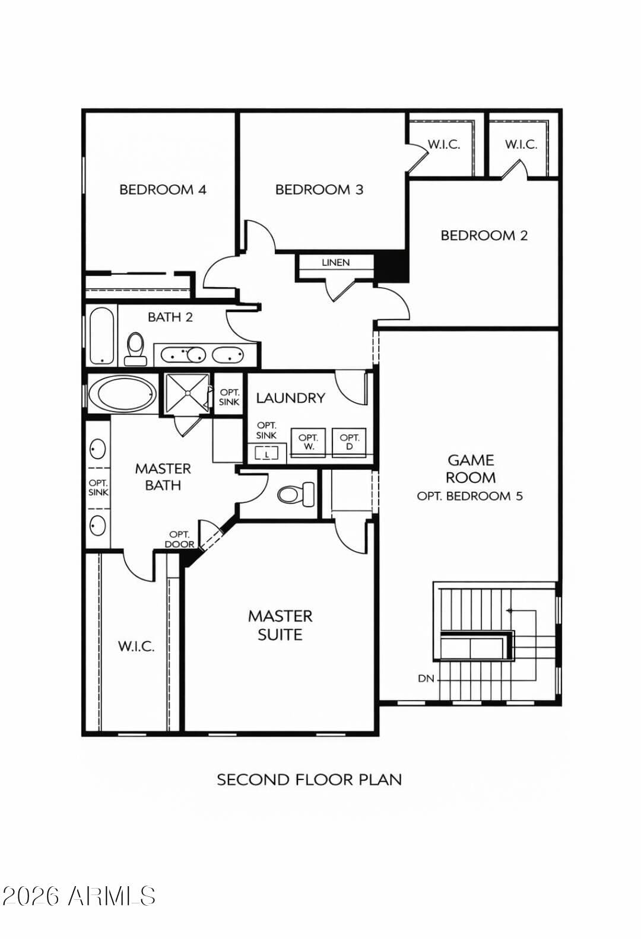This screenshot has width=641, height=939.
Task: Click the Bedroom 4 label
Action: click(x=163, y=190)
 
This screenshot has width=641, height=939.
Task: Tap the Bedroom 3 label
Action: click(x=319, y=190)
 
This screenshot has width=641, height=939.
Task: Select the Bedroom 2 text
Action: click(x=484, y=235)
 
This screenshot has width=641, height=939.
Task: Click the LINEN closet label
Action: click(x=335, y=262)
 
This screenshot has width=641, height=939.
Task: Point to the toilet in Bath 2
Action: click(x=136, y=347)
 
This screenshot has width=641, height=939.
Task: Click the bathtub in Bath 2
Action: click(x=101, y=336)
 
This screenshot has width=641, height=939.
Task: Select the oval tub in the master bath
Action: click(x=122, y=393)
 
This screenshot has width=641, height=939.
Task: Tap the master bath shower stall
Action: click(x=187, y=392)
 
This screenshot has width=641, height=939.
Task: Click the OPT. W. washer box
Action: click(x=308, y=442)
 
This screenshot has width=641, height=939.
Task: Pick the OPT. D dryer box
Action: click(x=349, y=442)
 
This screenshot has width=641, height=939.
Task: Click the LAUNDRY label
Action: click(x=290, y=398)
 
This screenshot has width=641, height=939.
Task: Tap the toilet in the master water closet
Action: click(x=296, y=494)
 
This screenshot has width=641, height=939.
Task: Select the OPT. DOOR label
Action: click(x=179, y=539)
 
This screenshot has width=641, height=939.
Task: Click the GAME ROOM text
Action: click(x=470, y=469)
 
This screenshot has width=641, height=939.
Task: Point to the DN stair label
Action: click(x=426, y=678)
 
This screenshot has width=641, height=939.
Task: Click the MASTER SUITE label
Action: click(x=280, y=625)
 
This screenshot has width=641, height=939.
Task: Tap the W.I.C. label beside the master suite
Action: click(x=136, y=647)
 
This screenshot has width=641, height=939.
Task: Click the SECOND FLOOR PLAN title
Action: click(x=309, y=779)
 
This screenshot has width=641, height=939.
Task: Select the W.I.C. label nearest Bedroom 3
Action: click(x=443, y=144)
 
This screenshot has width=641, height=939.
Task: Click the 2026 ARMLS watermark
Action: click(x=78, y=896)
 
